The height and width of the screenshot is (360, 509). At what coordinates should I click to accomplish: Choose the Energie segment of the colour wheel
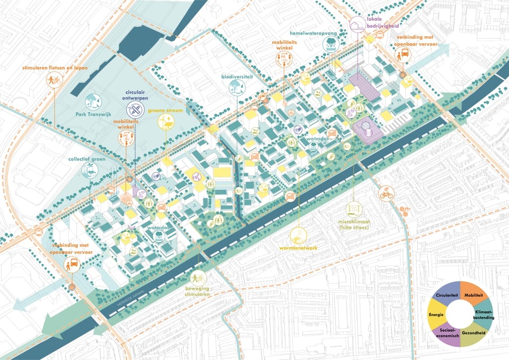pyautogui.click(x=436, y=314)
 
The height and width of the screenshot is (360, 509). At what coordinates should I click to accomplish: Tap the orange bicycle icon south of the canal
pyautogui.click(x=386, y=194)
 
